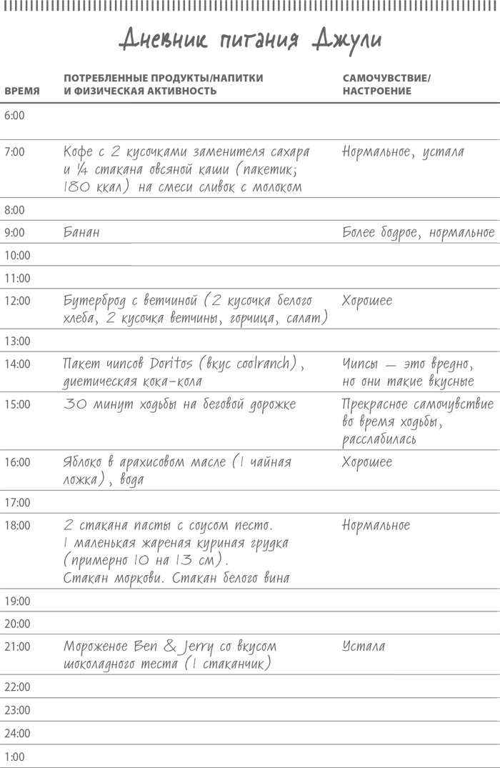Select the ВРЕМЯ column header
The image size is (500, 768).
pos(22,91)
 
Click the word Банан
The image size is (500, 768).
pos(81,232)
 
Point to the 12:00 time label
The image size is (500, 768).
pos(17,301)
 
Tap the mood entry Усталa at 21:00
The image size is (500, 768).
pos(364,647)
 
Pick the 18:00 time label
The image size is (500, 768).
pos(17,526)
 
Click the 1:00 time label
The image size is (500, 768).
pos(14,757)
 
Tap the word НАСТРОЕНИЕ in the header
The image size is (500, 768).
pos(376,91)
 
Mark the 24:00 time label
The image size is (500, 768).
pos(17,733)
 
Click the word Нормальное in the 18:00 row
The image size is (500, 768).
pos(376,526)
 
